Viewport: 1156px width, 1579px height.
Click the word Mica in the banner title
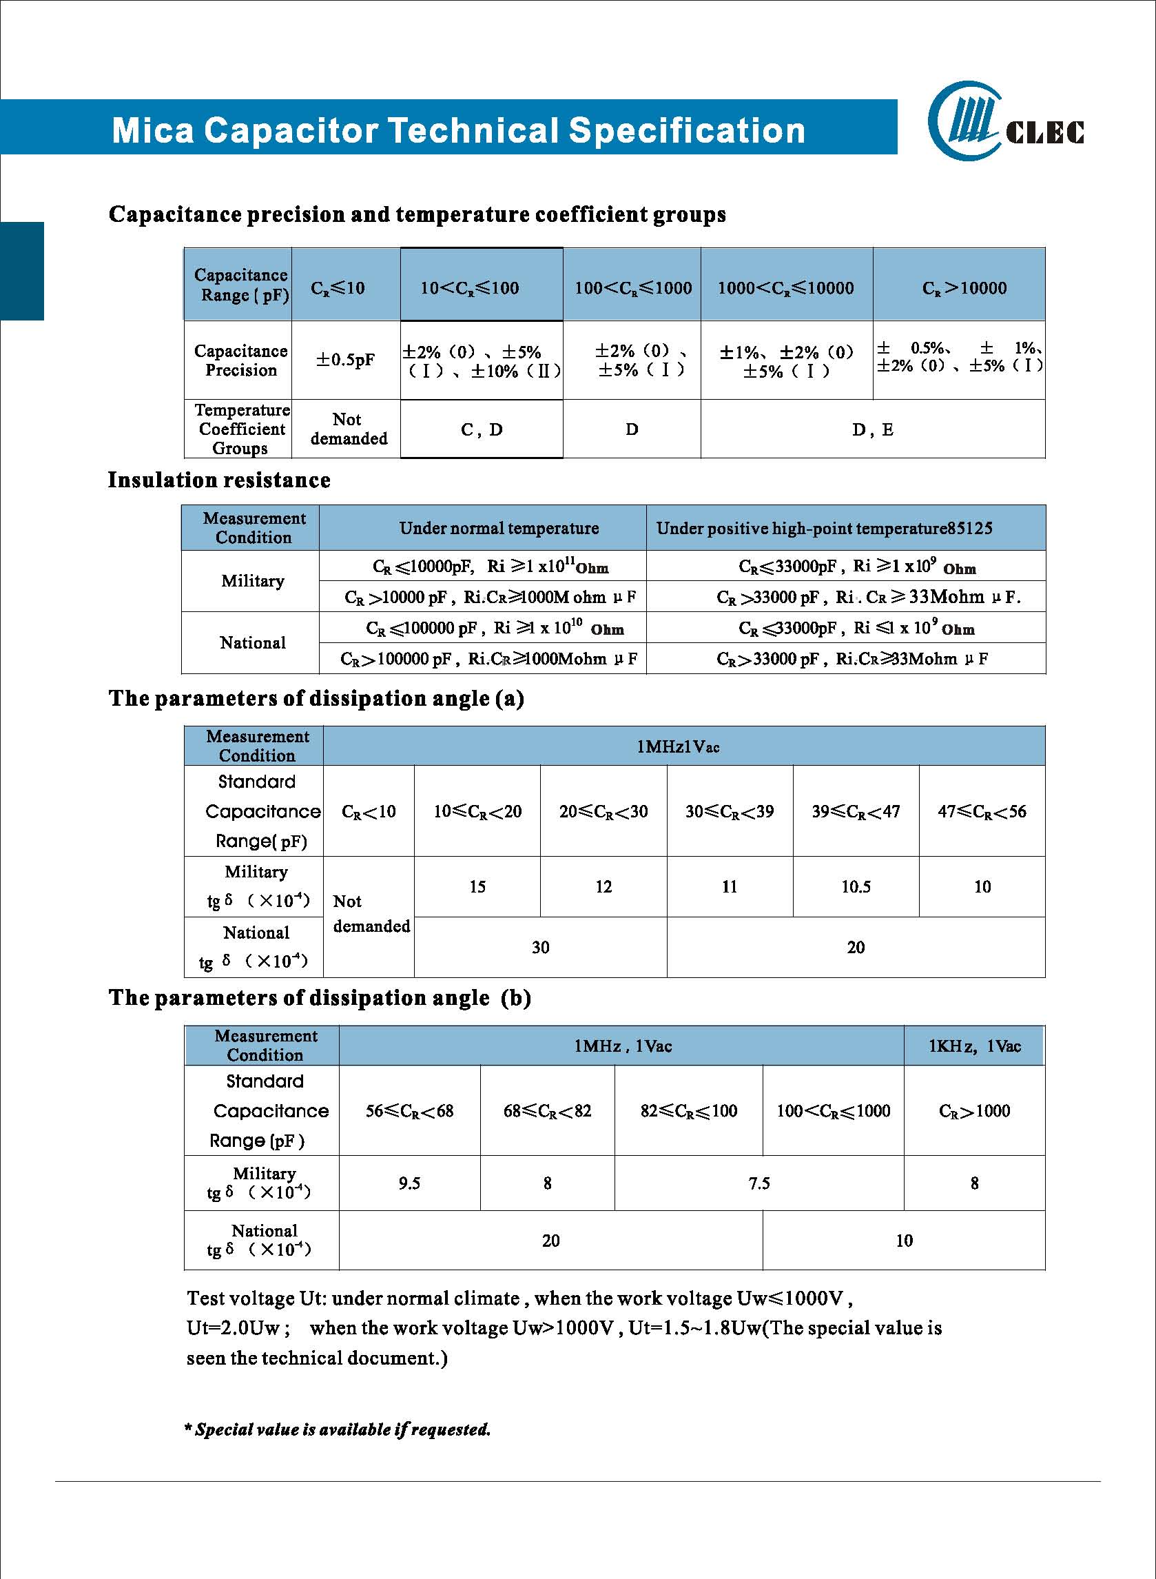152,131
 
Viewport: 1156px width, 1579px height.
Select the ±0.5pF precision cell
346,360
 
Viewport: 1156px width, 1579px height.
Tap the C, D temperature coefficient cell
482,430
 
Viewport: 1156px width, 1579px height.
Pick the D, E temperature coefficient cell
873,430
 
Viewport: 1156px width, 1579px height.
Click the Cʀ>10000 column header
964,287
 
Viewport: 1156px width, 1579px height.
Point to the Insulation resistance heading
219,480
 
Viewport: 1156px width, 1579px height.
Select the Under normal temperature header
499,528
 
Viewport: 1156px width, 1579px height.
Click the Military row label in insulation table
253,581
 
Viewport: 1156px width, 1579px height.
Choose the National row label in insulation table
253,642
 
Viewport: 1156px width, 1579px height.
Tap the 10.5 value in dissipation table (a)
856,887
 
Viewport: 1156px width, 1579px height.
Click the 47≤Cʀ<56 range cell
982,811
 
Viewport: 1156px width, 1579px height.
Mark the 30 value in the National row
540,947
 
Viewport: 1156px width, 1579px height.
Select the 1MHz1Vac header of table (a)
677,746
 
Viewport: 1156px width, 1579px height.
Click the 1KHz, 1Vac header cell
974,1046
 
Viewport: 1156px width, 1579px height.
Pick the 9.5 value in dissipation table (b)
409,1183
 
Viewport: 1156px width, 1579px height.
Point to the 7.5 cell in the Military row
759,1183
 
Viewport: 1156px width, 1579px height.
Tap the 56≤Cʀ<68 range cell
409,1111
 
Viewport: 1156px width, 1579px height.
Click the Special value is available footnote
338,1429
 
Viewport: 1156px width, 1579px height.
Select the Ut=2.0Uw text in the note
234,1327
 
